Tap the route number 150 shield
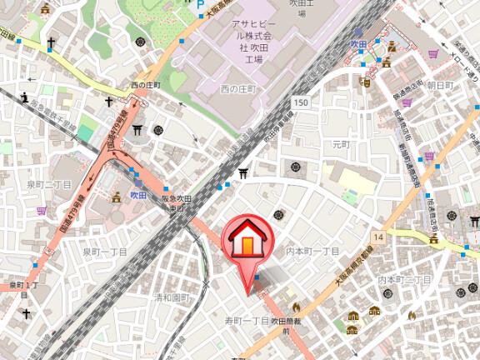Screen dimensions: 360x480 click(301, 102)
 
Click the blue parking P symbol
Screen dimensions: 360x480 click(200, 11)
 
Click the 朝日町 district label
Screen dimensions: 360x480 click(439, 86)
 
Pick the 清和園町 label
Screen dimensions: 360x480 click(172, 297)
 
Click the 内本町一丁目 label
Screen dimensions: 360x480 click(312, 251)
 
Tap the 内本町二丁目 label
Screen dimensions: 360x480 click(404, 280)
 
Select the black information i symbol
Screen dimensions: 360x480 click(26, 97)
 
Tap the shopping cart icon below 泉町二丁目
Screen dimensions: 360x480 click(41, 211)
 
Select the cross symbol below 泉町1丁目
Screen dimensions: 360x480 click(26, 314)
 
